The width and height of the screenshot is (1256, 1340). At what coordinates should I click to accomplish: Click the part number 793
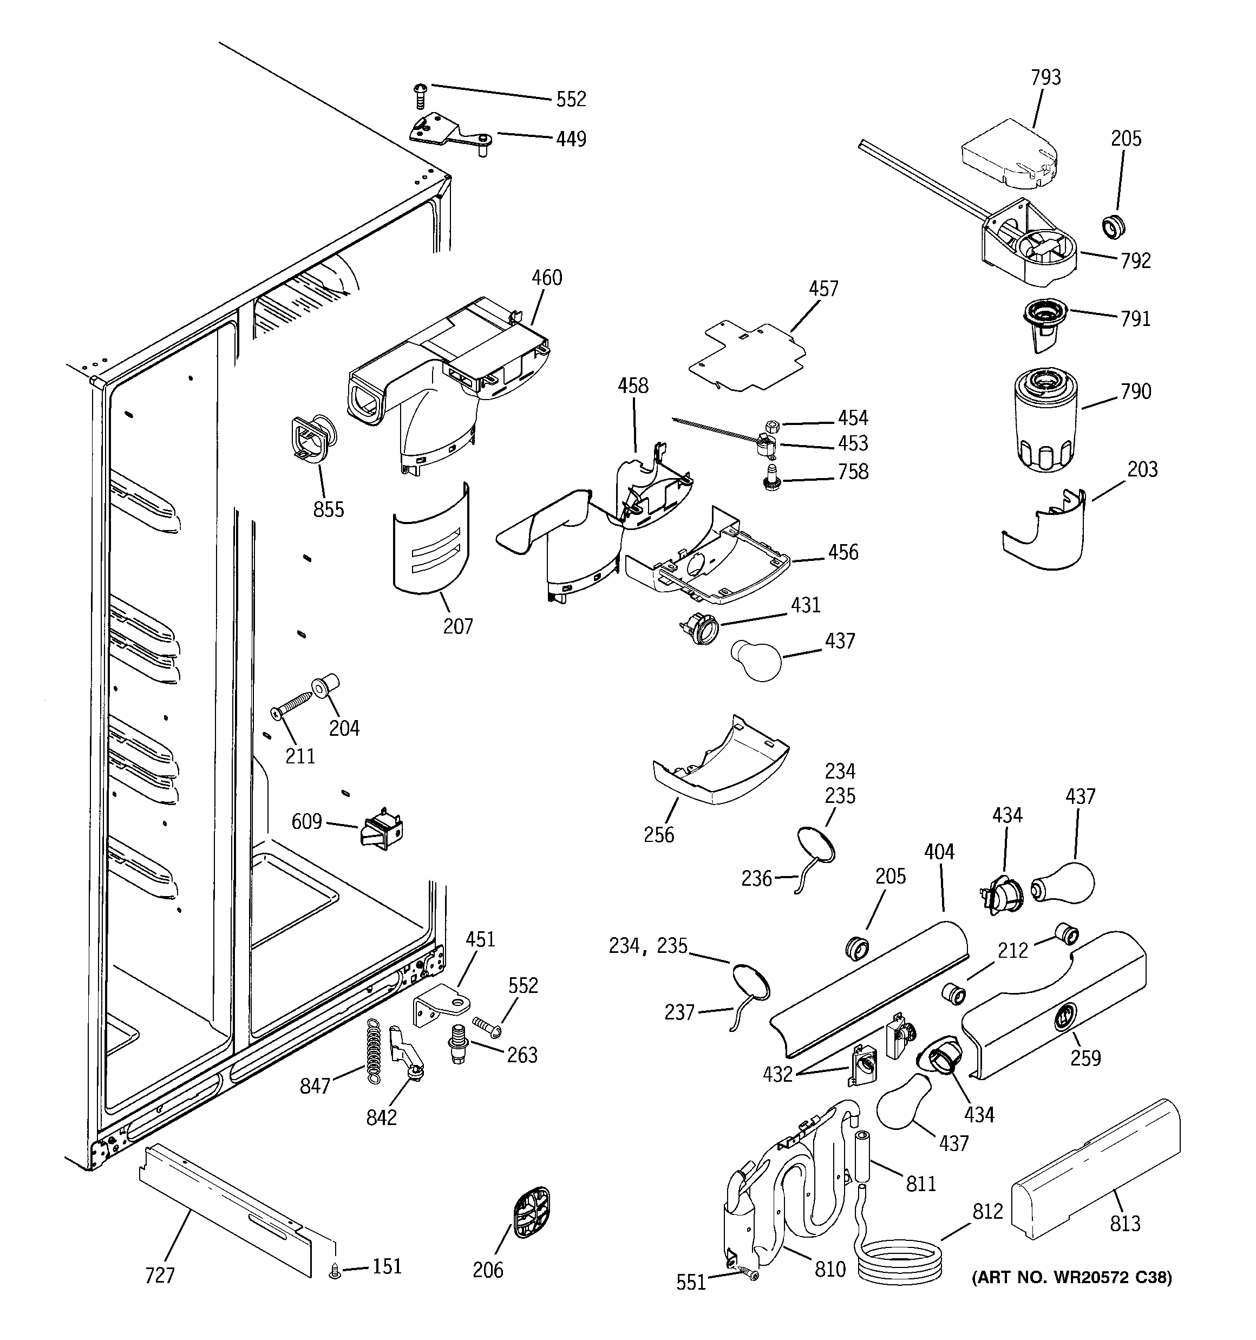(x=1045, y=77)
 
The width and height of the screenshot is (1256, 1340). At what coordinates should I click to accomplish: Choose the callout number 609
(x=306, y=822)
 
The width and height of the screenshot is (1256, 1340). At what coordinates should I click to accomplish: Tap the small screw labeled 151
(x=335, y=1271)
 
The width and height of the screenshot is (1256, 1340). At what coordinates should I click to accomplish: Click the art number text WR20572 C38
(x=1072, y=1277)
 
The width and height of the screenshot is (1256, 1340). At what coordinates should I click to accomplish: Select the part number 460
(x=546, y=278)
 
